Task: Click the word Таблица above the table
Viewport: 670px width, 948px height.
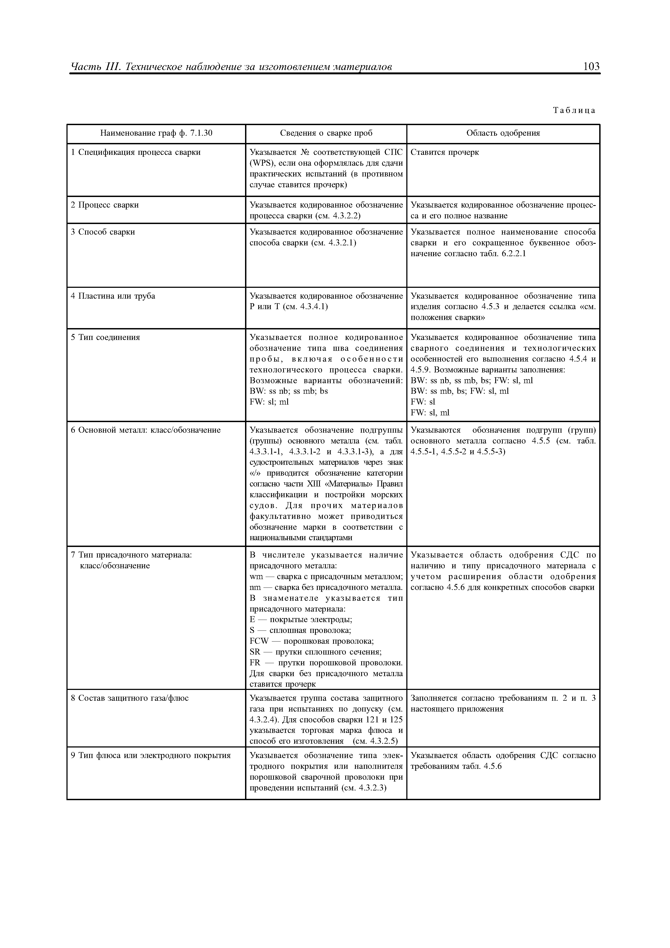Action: pos(574,110)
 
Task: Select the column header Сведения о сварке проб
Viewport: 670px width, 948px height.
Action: pos(326,133)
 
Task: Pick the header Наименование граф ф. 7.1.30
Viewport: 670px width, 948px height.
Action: pos(156,133)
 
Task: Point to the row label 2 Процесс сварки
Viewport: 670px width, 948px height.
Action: pos(105,205)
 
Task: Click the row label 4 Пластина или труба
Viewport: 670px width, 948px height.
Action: pos(113,296)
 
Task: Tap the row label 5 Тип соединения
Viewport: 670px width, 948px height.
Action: pos(105,337)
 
